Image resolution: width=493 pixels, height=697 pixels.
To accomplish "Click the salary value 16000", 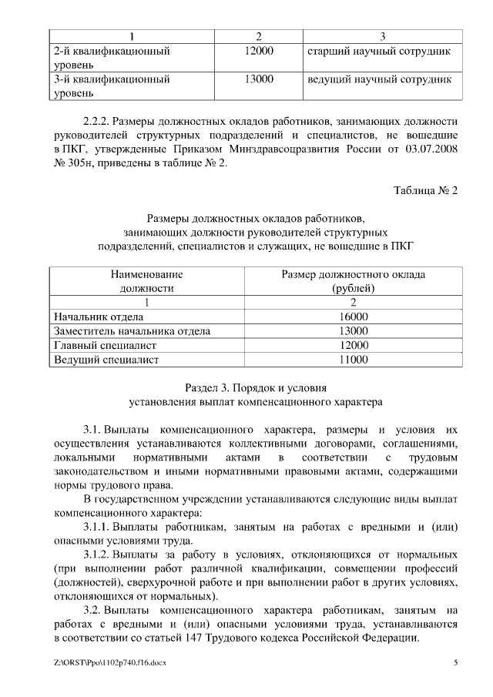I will click(353, 317).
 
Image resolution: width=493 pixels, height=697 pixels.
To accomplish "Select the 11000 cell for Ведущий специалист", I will click(353, 360).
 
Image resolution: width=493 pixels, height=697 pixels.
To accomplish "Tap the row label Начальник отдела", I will click(98, 317).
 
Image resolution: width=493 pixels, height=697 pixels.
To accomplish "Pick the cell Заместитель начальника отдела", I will click(130, 331).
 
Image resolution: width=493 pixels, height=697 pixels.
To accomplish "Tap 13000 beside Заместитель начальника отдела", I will click(353, 331).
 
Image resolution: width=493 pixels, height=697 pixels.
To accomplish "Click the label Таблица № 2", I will click(426, 190).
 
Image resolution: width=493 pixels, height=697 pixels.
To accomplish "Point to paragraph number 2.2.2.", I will click(98, 121).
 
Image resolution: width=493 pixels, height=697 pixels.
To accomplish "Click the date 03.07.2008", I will click(431, 149).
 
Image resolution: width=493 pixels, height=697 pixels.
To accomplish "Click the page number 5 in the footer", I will click(456, 662).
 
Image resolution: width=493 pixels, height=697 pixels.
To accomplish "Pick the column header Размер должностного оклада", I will click(353, 274).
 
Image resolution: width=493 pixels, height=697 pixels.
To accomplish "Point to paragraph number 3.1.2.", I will click(98, 555).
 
